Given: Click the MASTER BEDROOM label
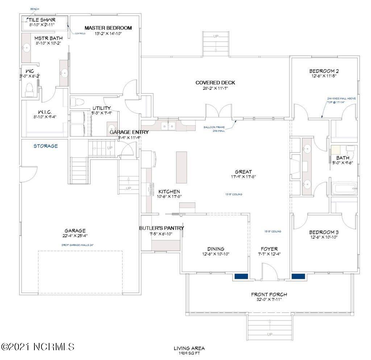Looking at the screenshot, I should click(108, 28).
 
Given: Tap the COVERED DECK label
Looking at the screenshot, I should click(215, 83).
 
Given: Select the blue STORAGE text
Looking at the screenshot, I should click(46, 146).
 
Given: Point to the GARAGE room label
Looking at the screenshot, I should click(75, 231).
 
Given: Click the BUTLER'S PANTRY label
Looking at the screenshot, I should click(162, 228).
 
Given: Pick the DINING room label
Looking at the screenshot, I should click(216, 249).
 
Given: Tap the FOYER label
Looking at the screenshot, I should click(269, 249).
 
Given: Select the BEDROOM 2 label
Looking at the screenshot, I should click(324, 71).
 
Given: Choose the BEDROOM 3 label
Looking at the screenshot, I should click(324, 232).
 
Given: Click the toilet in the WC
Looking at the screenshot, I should click(30, 89).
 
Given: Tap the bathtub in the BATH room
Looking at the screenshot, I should click(344, 189).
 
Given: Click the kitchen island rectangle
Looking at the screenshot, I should click(182, 167).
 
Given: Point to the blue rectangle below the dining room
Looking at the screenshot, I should click(241, 276).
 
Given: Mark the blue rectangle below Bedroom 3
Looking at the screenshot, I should click(298, 276).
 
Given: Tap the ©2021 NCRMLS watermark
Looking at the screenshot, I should click(38, 347).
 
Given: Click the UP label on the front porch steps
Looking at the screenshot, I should click(270, 334).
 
